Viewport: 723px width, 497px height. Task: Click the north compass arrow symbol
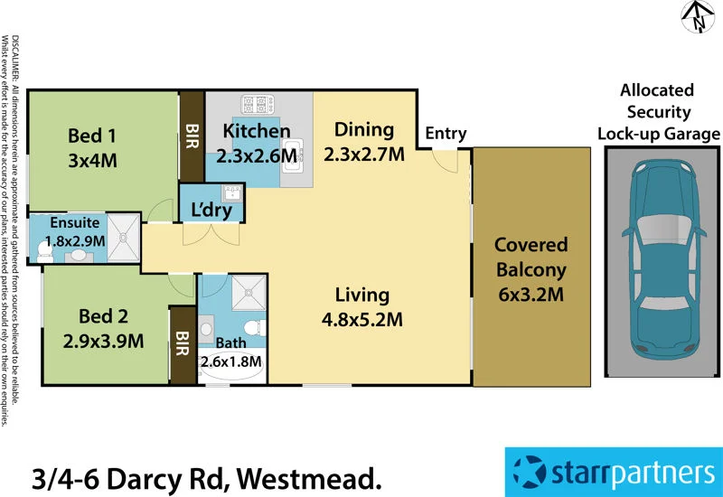(x=696, y=16)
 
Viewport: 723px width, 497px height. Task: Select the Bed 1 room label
(x=92, y=136)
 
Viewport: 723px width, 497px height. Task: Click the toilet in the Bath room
(x=255, y=326)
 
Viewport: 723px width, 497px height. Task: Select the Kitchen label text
(x=257, y=132)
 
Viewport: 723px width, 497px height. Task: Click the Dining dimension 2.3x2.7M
(x=363, y=153)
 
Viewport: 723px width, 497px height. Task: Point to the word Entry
(x=446, y=134)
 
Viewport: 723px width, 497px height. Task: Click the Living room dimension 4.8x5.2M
(x=361, y=318)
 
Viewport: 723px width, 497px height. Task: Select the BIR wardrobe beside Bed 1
(x=192, y=136)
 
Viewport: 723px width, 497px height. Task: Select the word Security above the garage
(x=657, y=112)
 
